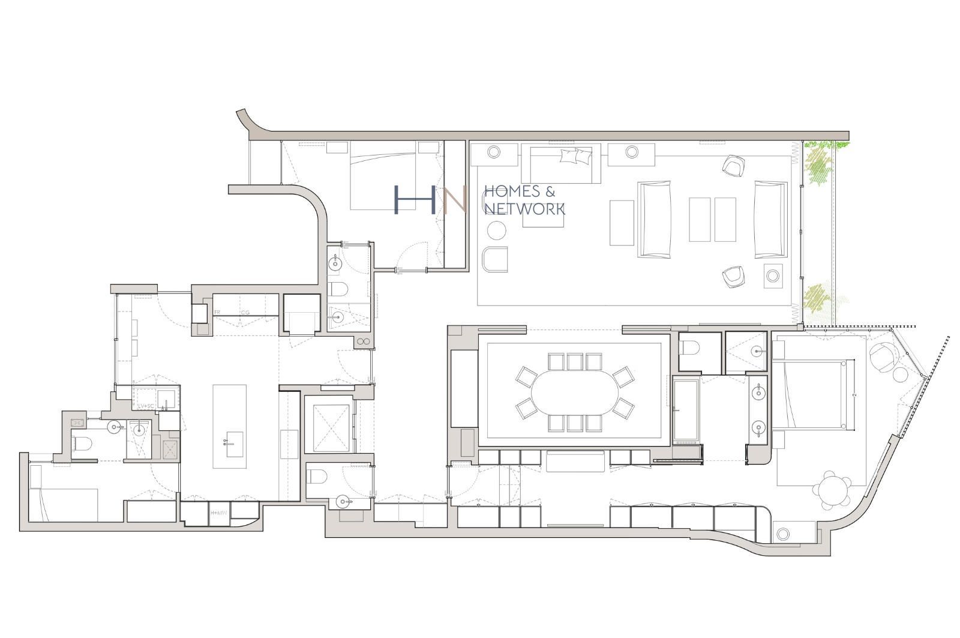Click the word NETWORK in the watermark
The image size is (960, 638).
(524, 209)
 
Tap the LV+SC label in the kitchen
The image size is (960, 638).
(146, 406)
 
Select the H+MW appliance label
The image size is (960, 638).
(218, 513)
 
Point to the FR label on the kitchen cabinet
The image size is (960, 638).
(217, 313)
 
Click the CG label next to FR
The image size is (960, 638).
(245, 313)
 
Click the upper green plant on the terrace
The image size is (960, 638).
(818, 166)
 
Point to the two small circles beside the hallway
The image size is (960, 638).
(364, 342)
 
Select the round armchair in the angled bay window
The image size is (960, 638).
(883, 358)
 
